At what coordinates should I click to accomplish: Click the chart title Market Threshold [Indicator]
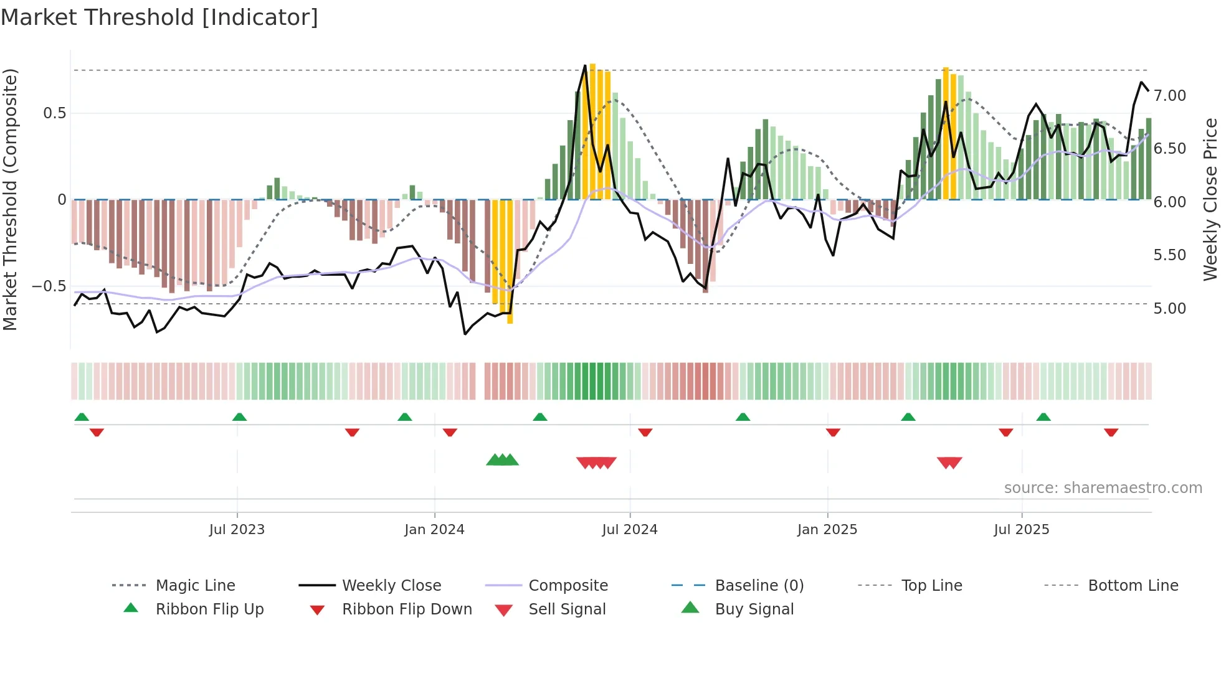coord(159,17)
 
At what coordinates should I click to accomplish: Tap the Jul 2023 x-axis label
coord(237,530)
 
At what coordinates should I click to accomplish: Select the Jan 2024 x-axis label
coord(434,530)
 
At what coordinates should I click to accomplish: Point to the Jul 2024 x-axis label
coord(629,530)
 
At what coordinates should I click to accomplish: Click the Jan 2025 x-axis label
coord(827,530)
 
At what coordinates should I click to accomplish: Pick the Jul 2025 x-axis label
coord(1021,530)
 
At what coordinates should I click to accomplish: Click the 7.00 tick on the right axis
coord(1169,96)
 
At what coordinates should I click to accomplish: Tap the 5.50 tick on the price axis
coord(1169,255)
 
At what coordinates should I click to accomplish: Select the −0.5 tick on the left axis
coord(49,286)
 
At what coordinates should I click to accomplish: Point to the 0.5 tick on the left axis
coord(54,113)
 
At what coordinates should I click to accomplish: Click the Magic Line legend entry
coord(195,586)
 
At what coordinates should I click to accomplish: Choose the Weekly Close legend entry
coord(391,586)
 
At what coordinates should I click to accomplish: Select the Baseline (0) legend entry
coord(759,586)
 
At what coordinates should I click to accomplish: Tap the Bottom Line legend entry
coord(1133,586)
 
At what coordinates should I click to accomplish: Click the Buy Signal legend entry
coord(754,609)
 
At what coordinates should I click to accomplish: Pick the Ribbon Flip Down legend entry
coord(407,609)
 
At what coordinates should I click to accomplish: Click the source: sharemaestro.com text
coord(1103,488)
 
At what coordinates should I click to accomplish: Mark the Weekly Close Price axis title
coord(1210,199)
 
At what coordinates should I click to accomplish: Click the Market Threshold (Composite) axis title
coord(10,199)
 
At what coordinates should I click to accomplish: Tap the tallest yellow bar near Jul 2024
coord(592,131)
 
